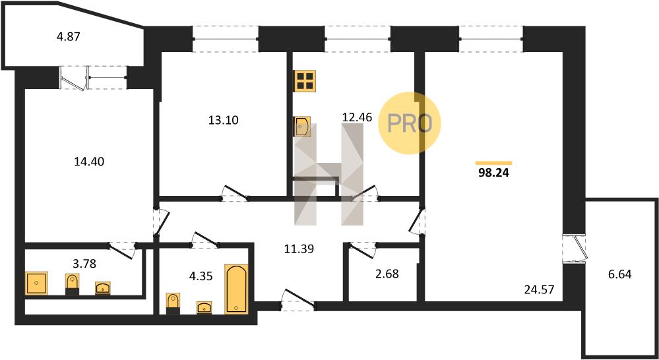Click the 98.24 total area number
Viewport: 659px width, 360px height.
click(493, 173)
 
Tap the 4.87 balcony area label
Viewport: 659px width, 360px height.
click(68, 36)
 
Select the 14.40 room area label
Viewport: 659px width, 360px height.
click(88, 162)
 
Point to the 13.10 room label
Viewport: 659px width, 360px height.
click(224, 121)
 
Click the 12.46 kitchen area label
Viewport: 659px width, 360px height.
click(358, 117)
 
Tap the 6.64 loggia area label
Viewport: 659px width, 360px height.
click(620, 275)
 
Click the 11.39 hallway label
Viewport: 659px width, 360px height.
click(299, 249)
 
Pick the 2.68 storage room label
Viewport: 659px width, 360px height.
click(387, 274)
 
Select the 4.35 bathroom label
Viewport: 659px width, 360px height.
click(201, 276)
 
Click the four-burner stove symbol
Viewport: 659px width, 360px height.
click(305, 81)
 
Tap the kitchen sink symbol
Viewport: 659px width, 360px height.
click(301, 127)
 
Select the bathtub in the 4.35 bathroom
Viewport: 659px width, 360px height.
click(237, 289)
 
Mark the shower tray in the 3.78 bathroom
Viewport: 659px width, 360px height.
click(36, 283)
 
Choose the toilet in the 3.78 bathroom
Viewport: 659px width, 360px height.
click(73, 284)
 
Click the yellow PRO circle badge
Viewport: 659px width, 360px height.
click(410, 123)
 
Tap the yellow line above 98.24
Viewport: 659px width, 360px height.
click(494, 163)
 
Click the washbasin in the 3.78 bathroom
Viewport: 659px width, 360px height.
click(103, 288)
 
